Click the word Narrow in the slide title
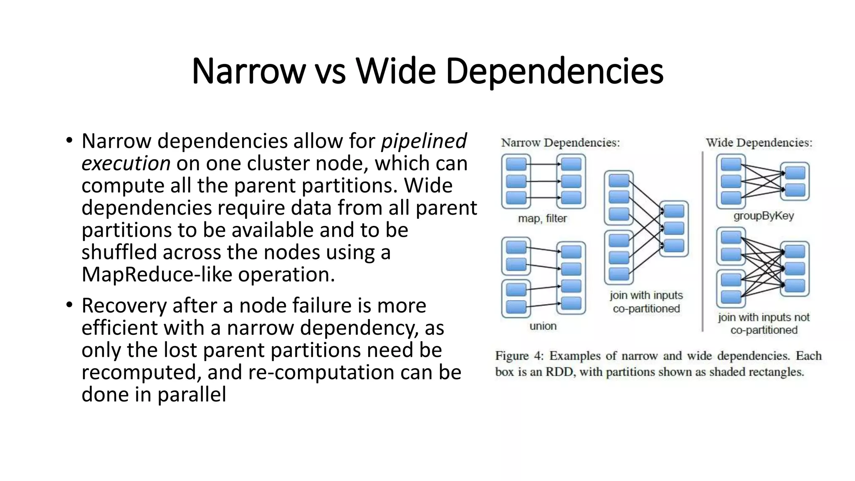click(x=249, y=71)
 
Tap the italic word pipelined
click(x=424, y=141)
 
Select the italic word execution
click(x=126, y=163)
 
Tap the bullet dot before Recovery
click(x=69, y=305)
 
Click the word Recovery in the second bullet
click(x=124, y=306)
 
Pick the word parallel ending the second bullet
click(x=192, y=395)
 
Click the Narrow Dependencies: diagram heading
click(x=560, y=143)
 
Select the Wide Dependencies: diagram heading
click(x=759, y=143)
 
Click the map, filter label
click(x=542, y=218)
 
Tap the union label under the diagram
click(x=543, y=326)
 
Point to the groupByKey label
click(x=764, y=216)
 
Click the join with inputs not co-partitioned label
click(x=764, y=324)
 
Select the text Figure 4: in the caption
click(x=519, y=356)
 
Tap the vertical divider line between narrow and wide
click(x=703, y=242)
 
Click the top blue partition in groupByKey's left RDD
click(x=731, y=165)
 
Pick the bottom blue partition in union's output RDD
click(x=571, y=303)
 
